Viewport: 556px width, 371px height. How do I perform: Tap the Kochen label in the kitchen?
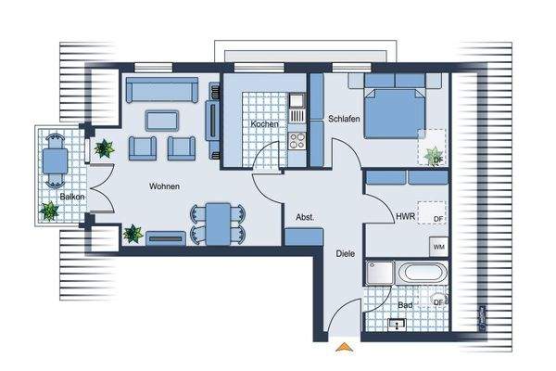point(265,124)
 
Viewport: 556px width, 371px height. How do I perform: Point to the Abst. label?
point(305,217)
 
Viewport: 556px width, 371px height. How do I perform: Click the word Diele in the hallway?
point(345,251)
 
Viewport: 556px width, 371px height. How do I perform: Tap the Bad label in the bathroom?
point(405,303)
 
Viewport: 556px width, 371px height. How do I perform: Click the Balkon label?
point(73,198)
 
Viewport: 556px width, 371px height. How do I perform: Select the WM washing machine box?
point(439,247)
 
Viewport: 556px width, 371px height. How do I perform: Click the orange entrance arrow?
point(344,348)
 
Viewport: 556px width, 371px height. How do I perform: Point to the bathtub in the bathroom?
point(422,275)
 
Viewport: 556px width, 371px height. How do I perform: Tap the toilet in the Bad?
point(438,302)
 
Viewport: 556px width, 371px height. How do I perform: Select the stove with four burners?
point(298,142)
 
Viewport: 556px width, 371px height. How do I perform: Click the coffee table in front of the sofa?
point(162,120)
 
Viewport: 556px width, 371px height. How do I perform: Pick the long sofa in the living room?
point(162,91)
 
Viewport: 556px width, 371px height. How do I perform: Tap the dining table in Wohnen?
point(218,223)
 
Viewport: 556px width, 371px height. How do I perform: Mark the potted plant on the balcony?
point(47,211)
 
